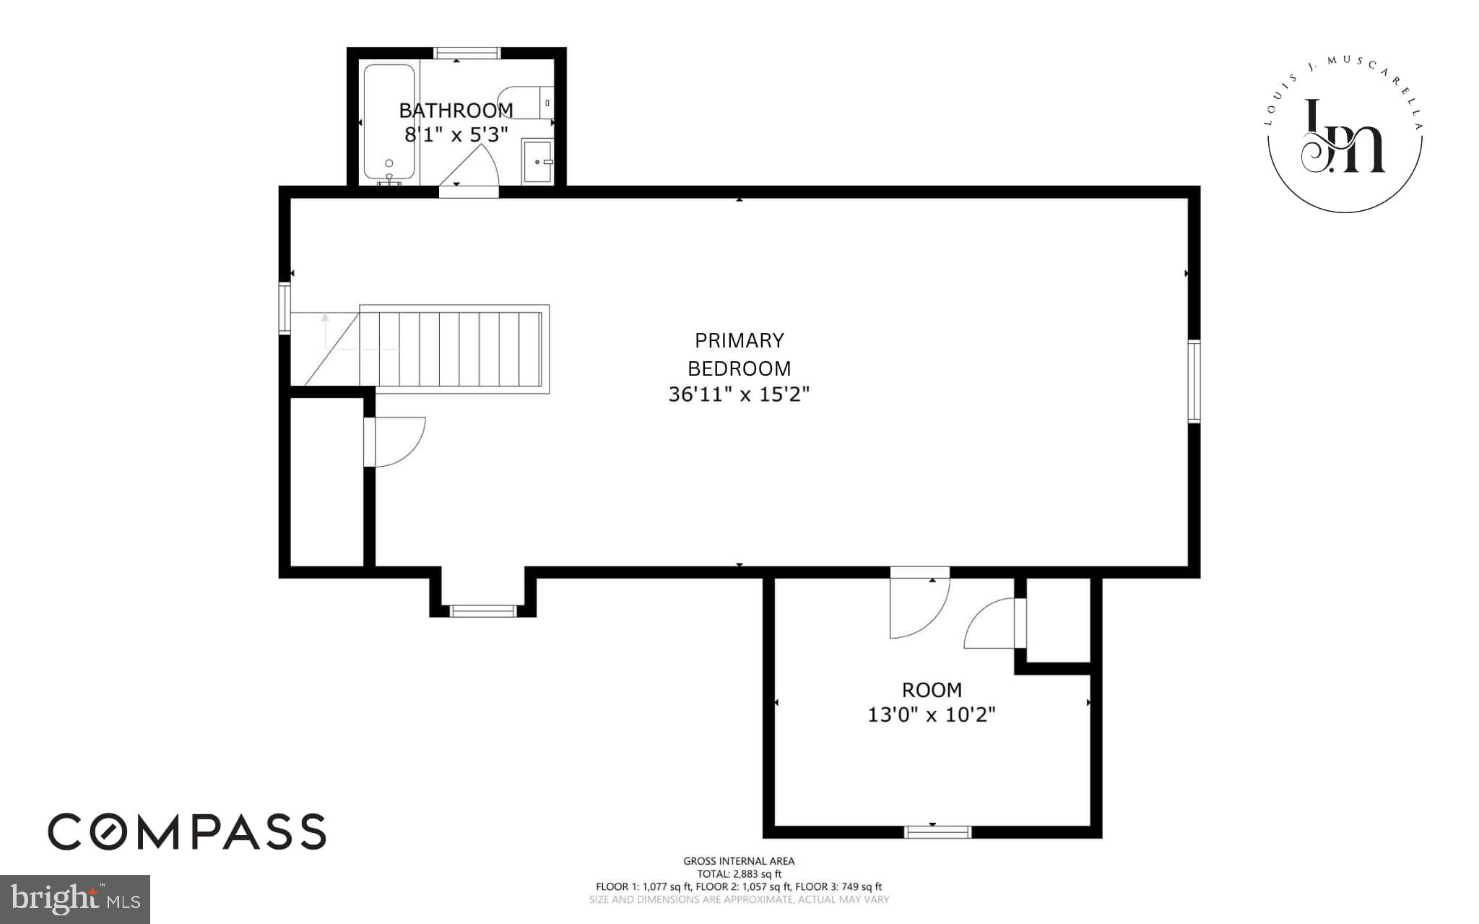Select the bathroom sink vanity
(537, 162)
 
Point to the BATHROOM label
(456, 111)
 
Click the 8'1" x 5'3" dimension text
(456, 134)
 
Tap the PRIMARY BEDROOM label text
(739, 354)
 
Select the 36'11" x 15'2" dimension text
(739, 394)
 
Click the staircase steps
(451, 350)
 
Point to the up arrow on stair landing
(325, 317)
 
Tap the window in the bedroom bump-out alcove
(482, 611)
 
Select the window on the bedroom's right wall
(1194, 381)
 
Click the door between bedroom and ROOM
(919, 603)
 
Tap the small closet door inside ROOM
(994, 623)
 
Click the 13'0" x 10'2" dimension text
(931, 714)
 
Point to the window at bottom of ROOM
(937, 832)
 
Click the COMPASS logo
(187, 832)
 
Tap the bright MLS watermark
(74, 899)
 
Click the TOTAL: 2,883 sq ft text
(739, 873)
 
